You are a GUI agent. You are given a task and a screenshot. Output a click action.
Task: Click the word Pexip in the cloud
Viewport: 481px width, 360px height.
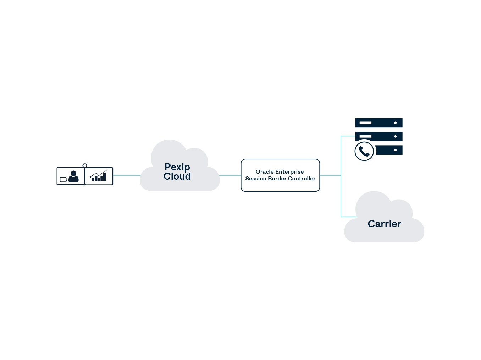pyautogui.click(x=177, y=167)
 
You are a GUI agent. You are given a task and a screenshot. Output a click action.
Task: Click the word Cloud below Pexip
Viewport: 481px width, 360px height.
pyautogui.click(x=177, y=176)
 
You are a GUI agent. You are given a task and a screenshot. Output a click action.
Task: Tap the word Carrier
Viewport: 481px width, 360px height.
pyautogui.click(x=384, y=224)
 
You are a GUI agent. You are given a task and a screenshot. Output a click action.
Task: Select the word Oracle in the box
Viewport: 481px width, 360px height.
pyautogui.click(x=265, y=172)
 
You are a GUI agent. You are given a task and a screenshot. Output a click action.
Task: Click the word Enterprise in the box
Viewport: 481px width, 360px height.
pyautogui.click(x=289, y=172)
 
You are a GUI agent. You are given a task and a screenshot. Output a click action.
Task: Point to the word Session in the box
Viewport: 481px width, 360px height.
pyautogui.click(x=255, y=179)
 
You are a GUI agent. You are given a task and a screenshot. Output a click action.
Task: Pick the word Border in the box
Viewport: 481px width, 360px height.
pyautogui.click(x=277, y=179)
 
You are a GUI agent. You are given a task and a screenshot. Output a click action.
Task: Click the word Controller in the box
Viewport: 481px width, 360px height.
pyautogui.click(x=302, y=179)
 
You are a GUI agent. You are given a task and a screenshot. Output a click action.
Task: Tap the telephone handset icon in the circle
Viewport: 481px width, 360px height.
pyautogui.click(x=364, y=151)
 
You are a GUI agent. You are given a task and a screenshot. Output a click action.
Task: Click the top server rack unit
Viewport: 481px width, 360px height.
pyautogui.click(x=379, y=123)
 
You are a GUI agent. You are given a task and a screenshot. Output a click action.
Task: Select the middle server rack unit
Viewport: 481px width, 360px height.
pyautogui.click(x=379, y=136)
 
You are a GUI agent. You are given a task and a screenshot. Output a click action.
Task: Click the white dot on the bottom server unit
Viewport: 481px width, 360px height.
pyautogui.click(x=395, y=150)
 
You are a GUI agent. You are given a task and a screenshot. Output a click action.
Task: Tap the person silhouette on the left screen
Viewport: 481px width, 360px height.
pyautogui.click(x=73, y=176)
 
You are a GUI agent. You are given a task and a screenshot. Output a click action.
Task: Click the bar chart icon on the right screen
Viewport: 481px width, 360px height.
pyautogui.click(x=99, y=176)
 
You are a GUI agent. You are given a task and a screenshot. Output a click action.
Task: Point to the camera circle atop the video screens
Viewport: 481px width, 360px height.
pyautogui.click(x=85, y=165)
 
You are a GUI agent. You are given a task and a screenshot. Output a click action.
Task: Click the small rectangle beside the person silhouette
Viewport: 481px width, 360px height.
pyautogui.click(x=63, y=180)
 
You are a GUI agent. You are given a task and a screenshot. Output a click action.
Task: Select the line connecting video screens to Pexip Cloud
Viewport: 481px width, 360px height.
pyautogui.click(x=126, y=175)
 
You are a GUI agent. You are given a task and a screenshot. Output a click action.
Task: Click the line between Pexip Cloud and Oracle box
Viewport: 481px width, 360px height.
pyautogui.click(x=230, y=175)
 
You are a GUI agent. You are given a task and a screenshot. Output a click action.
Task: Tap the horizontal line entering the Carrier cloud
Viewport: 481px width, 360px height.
pyautogui.click(x=348, y=217)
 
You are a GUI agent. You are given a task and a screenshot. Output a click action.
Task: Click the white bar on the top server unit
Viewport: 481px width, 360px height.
pyautogui.click(x=365, y=123)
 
